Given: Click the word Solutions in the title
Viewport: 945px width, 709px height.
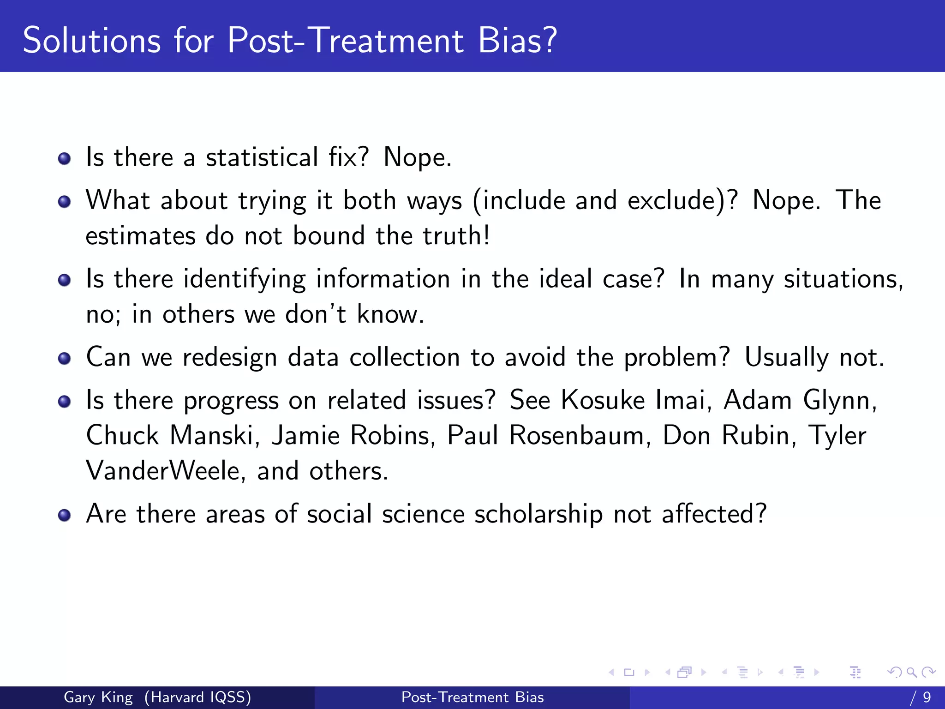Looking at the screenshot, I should coord(92,41).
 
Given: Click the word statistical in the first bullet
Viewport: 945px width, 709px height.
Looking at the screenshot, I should coord(262,157).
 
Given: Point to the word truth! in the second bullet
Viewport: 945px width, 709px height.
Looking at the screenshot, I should coord(456,236).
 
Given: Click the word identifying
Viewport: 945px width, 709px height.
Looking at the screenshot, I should coord(244,280).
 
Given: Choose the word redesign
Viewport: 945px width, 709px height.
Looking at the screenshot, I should coord(229,358).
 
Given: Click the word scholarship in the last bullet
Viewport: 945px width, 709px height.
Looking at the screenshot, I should coord(538,514).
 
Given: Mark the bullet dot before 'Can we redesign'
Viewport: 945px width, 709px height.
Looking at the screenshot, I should coord(65,359).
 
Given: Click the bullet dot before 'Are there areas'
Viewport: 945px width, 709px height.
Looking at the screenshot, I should coord(65,515).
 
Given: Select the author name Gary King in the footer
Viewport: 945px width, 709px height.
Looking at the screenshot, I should coord(98,697).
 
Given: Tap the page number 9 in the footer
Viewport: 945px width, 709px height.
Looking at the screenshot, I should coord(927,697).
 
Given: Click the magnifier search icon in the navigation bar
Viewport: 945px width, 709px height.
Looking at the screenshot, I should coord(911,672).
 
